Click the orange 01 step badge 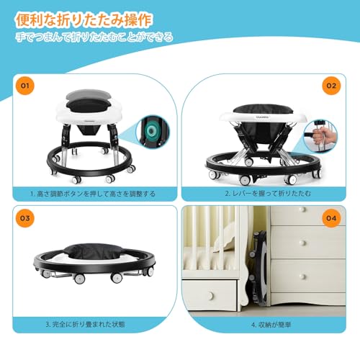24,85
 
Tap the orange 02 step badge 330,85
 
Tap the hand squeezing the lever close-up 323,135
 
